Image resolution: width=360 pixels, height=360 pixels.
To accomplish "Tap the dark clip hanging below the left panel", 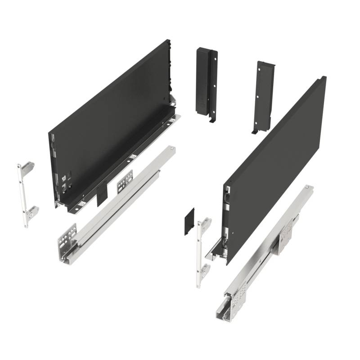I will click(x=103, y=193).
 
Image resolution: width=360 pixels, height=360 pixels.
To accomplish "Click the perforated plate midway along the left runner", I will click(x=126, y=180).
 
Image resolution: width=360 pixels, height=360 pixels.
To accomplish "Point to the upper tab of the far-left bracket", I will click(x=28, y=168).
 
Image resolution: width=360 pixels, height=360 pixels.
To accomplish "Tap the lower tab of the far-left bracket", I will click(x=32, y=211).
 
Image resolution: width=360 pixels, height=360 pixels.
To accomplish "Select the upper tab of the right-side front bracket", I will click(x=206, y=224).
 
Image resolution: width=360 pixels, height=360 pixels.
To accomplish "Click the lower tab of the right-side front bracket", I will click(x=205, y=270).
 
